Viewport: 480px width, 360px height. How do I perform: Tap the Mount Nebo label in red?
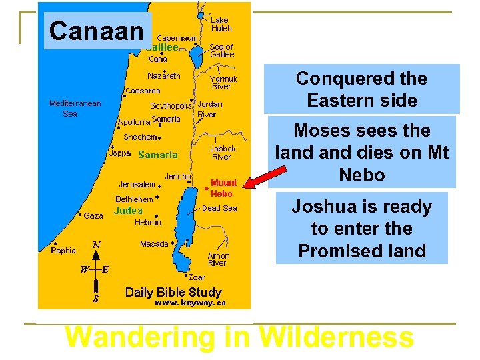(x=223, y=188)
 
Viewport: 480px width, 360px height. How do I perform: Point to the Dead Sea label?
(x=220, y=209)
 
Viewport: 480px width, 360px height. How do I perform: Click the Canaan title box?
(x=97, y=31)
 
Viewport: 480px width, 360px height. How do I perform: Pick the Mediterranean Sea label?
(x=75, y=109)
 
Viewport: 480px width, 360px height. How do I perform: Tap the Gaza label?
(x=93, y=216)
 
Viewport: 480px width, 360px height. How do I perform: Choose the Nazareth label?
(x=163, y=75)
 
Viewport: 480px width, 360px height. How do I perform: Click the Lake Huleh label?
(x=221, y=25)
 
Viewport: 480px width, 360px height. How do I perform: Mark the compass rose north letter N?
(x=97, y=245)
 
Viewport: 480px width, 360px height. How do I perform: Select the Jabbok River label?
(x=221, y=153)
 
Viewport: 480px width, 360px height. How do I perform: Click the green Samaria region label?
(x=157, y=155)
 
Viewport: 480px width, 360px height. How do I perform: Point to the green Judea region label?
(x=128, y=211)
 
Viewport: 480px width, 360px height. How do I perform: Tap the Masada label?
(x=154, y=244)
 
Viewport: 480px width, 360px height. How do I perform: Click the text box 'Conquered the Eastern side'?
(x=361, y=89)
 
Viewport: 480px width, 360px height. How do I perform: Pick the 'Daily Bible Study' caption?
(x=173, y=292)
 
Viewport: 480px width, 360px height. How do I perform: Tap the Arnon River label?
(x=218, y=259)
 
